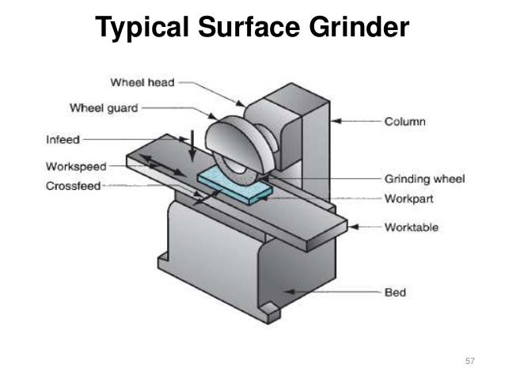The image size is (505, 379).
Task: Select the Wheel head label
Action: pyautogui.click(x=143, y=81)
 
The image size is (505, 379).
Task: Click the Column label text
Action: pyautogui.click(x=405, y=122)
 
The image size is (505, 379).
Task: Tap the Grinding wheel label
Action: pyautogui.click(x=424, y=180)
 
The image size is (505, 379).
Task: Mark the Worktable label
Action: pyautogui.click(x=412, y=227)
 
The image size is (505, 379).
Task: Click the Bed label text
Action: pyautogui.click(x=395, y=293)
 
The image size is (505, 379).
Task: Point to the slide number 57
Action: pyautogui.click(x=470, y=361)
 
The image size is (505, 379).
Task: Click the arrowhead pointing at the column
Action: pyautogui.click(x=336, y=122)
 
